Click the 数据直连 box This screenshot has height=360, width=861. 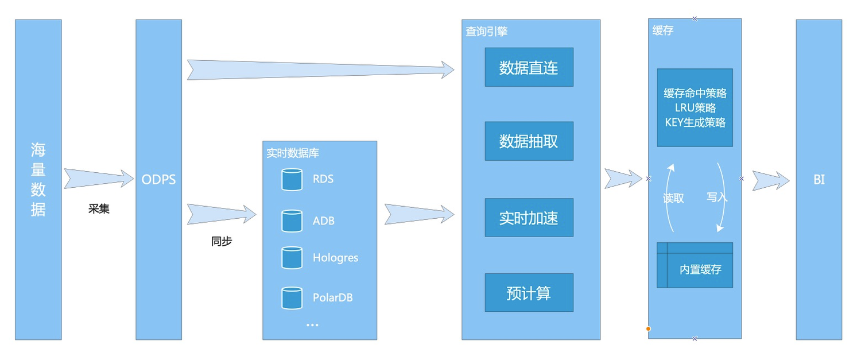529,67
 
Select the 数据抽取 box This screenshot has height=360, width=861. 529,141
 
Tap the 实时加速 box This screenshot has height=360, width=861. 529,218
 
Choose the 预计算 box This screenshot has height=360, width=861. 529,293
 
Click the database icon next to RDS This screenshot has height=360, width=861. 292,179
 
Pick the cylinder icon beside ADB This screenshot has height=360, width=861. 292,221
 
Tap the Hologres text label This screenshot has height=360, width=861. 335,258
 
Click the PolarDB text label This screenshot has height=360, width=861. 332,297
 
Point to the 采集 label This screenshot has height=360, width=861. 99,209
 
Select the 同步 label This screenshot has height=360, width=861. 222,241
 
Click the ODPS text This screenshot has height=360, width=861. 158,180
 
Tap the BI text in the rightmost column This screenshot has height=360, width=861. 819,180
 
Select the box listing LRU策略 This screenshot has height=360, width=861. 695,107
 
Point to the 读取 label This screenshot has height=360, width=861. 673,198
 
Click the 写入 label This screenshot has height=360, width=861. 716,197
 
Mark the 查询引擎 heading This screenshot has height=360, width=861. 486,32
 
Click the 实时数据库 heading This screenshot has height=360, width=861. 293,153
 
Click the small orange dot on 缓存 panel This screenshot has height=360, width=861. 648,329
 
